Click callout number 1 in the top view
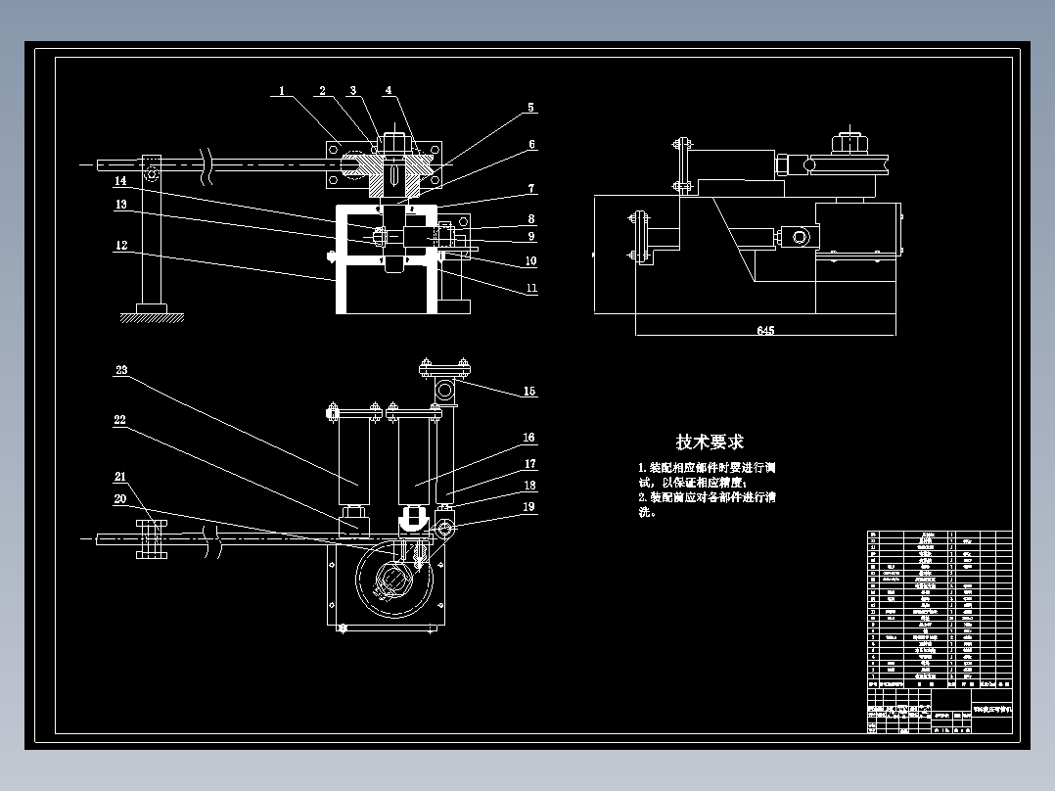tap(281, 91)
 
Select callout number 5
tap(530, 108)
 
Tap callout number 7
tap(530, 188)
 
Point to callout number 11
tap(530, 289)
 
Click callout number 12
tap(121, 246)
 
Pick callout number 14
tap(121, 181)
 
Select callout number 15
tap(529, 392)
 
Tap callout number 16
tap(529, 438)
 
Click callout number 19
tap(529, 506)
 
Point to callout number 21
tap(121, 477)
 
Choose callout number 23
tap(121, 370)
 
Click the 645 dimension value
tap(765, 331)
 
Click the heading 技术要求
tap(710, 442)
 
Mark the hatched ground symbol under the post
tap(152, 316)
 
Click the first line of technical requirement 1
tap(707, 468)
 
